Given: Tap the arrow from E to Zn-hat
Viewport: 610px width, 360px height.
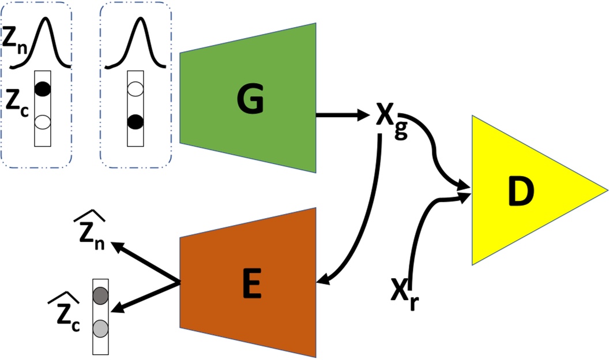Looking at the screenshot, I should pyautogui.click(x=144, y=263).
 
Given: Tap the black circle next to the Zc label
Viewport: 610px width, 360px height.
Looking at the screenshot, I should pyautogui.click(x=43, y=89).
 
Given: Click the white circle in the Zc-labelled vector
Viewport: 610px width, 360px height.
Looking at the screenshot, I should pyautogui.click(x=43, y=121).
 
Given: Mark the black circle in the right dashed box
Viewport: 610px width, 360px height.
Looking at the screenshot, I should pyautogui.click(x=135, y=121).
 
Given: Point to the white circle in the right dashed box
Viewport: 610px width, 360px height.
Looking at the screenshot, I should pyautogui.click(x=135, y=89).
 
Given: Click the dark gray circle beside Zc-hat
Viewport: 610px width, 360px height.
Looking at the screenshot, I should pyautogui.click(x=100, y=295).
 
